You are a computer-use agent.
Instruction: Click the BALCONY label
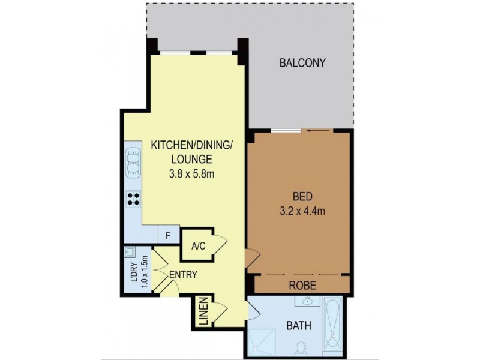(302, 63)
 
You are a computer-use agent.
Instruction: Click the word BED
(300, 197)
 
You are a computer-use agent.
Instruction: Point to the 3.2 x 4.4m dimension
(300, 211)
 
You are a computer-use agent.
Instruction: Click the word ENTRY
(184, 275)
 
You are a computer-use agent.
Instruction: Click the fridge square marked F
(168, 235)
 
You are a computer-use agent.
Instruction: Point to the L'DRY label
(133, 271)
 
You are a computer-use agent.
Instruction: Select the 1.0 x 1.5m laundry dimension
(144, 271)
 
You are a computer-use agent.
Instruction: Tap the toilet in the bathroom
(304, 347)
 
